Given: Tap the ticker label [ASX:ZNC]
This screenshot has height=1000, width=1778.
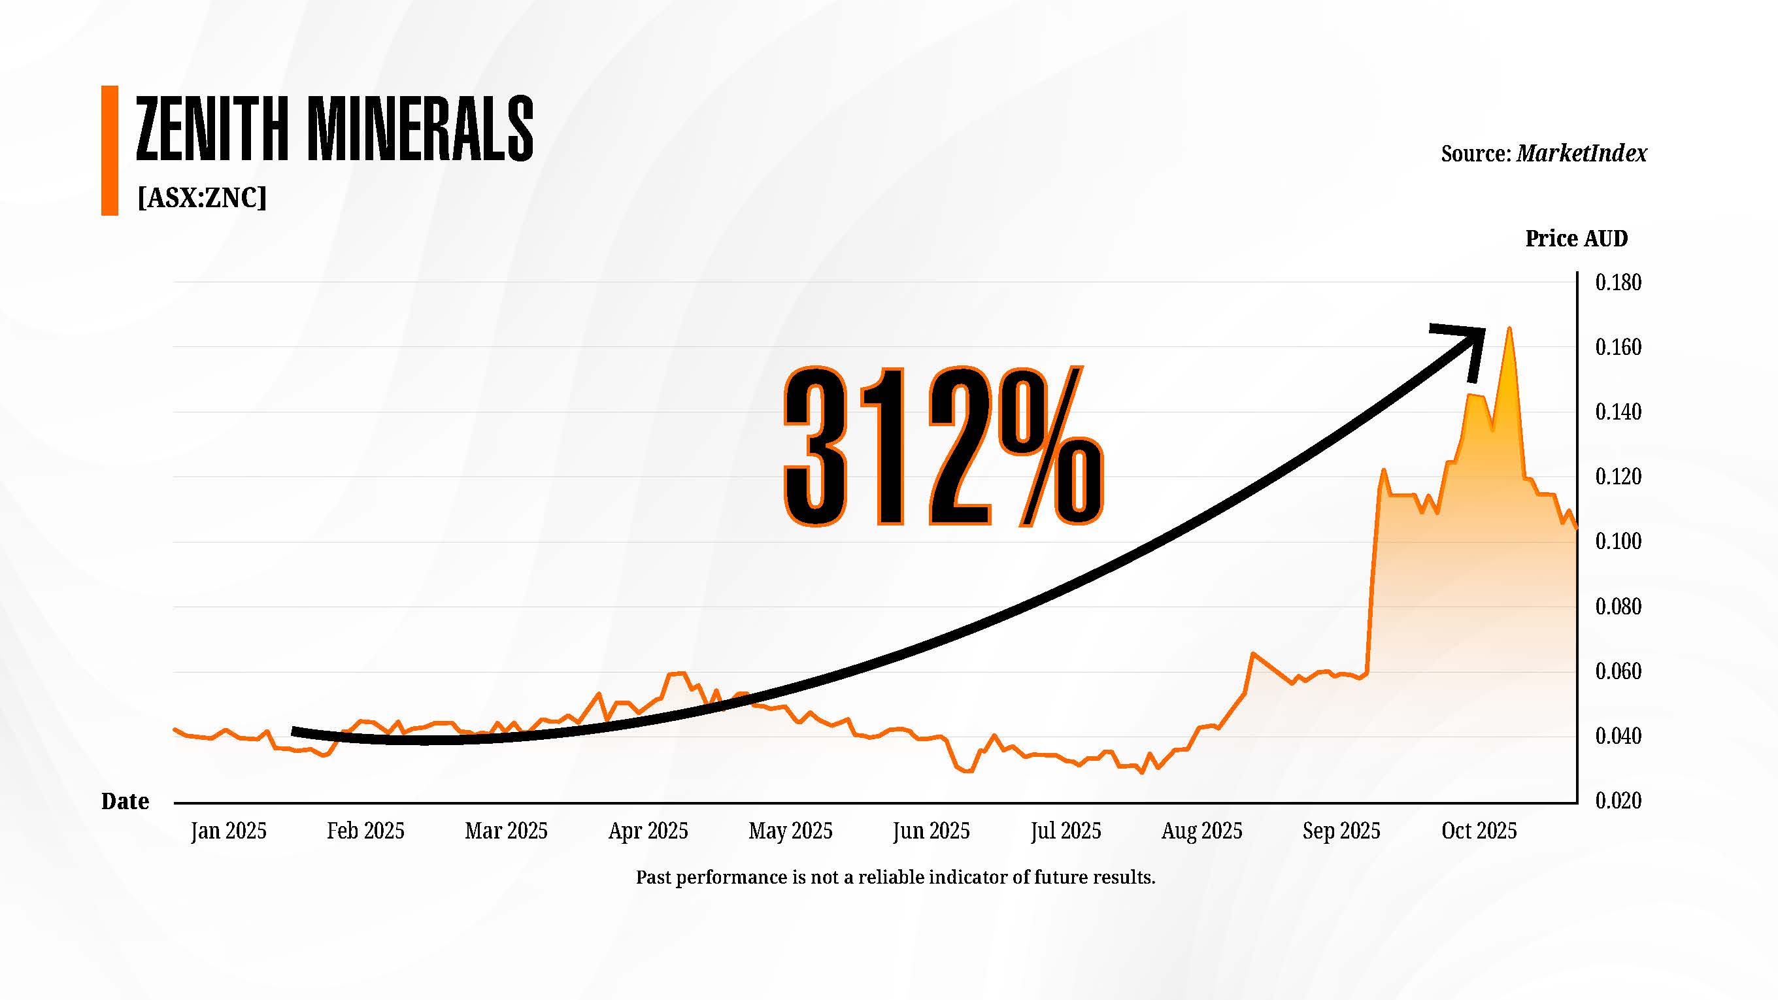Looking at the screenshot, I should click(201, 198).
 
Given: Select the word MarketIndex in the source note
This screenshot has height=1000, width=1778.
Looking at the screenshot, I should click(1581, 153).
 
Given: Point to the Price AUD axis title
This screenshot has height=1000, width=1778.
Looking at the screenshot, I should click(1576, 239).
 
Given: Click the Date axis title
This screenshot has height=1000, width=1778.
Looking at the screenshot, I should click(125, 801).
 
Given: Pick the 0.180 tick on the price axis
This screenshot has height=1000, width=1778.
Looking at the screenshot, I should click(1618, 282).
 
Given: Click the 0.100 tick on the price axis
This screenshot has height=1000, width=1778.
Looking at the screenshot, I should click(1618, 541).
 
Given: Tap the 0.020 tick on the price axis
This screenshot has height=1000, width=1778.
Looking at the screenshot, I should click(1618, 801).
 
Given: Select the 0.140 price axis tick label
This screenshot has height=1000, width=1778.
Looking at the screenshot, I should click(1618, 412).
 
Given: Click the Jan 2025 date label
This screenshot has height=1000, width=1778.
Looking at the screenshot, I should click(229, 830).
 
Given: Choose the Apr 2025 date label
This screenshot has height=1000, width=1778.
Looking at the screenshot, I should click(648, 830).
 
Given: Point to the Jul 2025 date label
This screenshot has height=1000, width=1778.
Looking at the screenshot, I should click(1065, 830).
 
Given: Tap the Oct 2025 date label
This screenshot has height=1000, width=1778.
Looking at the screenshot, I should click(1479, 830).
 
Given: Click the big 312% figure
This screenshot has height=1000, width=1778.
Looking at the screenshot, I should click(943, 446).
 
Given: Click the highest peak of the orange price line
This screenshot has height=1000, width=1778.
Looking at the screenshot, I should click(1509, 329).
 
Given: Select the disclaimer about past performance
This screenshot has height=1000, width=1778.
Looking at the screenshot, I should click(896, 877).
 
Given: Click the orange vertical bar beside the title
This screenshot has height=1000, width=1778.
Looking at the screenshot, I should click(110, 150).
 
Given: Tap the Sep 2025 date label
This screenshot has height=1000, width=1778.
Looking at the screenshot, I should click(1341, 830).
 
